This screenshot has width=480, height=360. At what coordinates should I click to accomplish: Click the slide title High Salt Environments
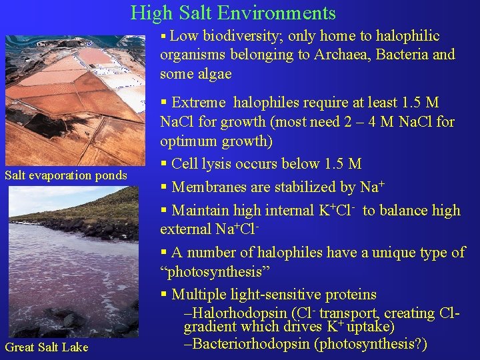click(x=233, y=13)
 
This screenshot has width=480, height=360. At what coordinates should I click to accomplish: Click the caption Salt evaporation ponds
click(x=65, y=175)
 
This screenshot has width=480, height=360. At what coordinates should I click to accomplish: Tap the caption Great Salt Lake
click(x=47, y=347)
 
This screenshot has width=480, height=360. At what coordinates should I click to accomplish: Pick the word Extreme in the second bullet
click(x=198, y=103)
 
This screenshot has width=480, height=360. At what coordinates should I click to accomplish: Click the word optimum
click(x=188, y=141)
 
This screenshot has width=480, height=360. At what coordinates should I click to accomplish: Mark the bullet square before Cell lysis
click(x=164, y=164)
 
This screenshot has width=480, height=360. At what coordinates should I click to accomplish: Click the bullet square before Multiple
click(x=164, y=295)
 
